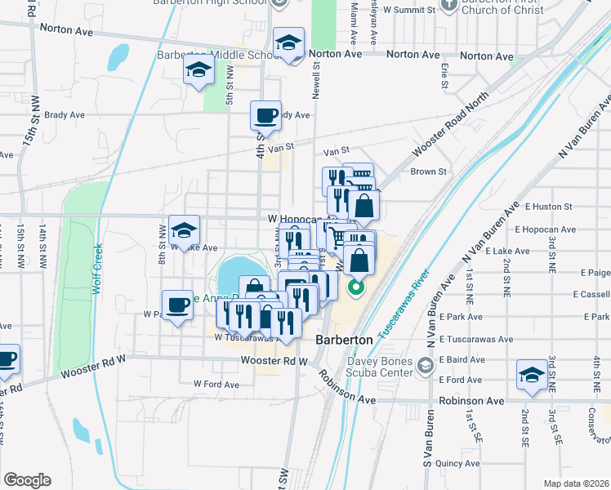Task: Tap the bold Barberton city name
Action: point(344,339)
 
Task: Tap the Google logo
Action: point(27,480)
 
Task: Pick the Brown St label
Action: point(429,171)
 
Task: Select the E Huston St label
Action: point(550,207)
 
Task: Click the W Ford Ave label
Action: point(216,384)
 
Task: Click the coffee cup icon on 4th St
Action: point(265,116)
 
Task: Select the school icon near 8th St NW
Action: point(185,230)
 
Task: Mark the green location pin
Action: point(355,287)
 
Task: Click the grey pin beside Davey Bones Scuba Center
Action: point(425,365)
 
